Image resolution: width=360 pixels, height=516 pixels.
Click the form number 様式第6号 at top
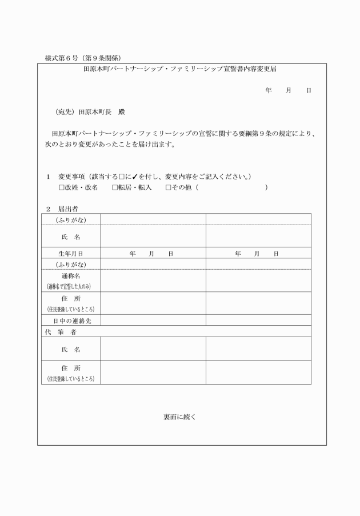coord(62,58)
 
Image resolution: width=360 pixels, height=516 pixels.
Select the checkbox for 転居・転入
coord(115,187)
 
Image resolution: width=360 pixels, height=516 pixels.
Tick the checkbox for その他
coord(168,187)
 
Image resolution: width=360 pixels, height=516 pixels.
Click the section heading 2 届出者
coord(62,209)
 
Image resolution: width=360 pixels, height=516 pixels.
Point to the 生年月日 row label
coord(71,253)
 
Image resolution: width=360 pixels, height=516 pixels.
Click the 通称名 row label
coord(71,275)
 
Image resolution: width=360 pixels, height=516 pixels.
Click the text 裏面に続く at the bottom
coord(180,417)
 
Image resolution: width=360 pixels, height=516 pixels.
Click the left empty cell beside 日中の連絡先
coord(153,321)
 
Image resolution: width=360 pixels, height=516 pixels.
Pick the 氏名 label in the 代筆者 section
coord(71,349)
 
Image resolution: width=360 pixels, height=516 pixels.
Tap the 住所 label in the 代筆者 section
coord(71,367)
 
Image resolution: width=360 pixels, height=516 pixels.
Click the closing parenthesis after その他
coord(266,187)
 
